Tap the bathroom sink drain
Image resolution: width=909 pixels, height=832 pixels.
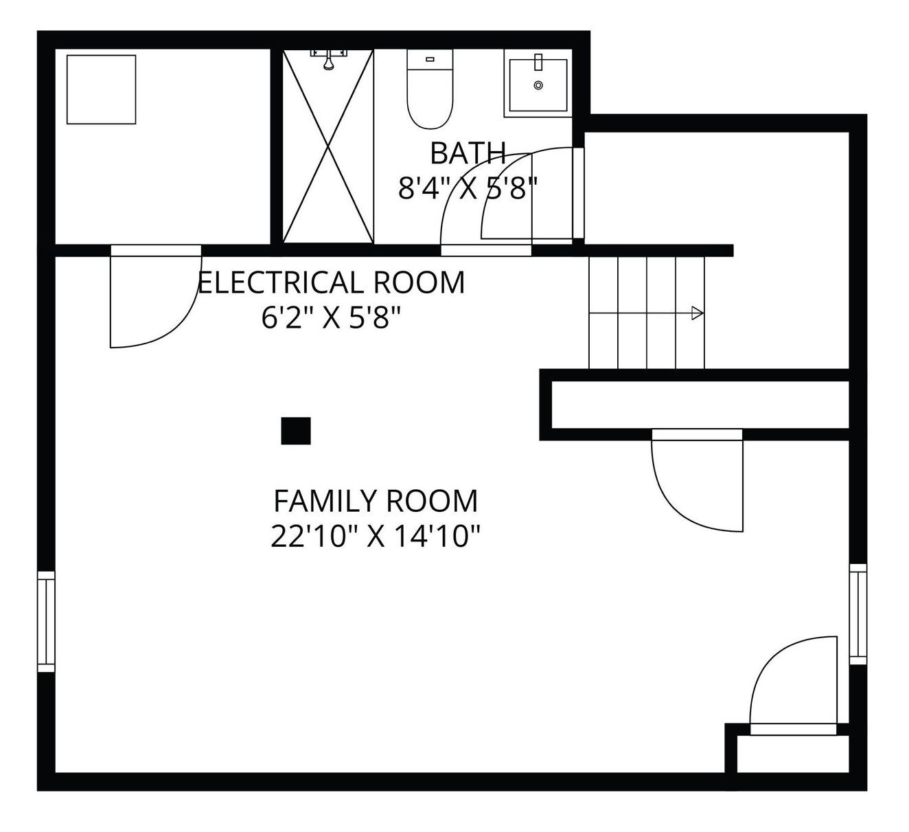pos(538,85)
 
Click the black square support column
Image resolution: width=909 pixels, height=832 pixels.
pos(296,431)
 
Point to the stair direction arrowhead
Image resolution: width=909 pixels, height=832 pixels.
pos(698,313)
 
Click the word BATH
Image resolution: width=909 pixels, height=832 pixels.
pos(468,153)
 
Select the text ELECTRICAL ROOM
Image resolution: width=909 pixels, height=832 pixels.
pos(332,282)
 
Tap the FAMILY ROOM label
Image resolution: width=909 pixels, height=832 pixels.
pos(376,501)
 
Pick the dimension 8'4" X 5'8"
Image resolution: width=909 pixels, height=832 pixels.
pos(468,188)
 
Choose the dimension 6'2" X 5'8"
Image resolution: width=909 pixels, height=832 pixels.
pos(331,317)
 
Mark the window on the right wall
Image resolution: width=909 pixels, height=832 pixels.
pos(858,614)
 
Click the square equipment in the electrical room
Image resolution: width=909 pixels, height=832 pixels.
pos(101,89)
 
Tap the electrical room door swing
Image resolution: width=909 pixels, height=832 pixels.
pos(155,297)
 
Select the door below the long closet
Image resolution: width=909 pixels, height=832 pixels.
pos(697,481)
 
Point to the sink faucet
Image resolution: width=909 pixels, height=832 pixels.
pos(538,62)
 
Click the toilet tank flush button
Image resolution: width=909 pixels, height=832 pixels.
pos(430,59)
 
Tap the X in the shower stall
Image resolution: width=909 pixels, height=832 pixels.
pos(328,146)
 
